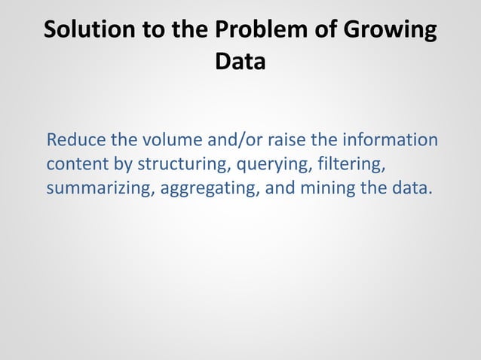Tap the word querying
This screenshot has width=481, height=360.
(264, 163)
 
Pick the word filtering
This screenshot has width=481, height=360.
(339, 163)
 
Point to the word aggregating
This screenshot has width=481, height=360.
(209, 186)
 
